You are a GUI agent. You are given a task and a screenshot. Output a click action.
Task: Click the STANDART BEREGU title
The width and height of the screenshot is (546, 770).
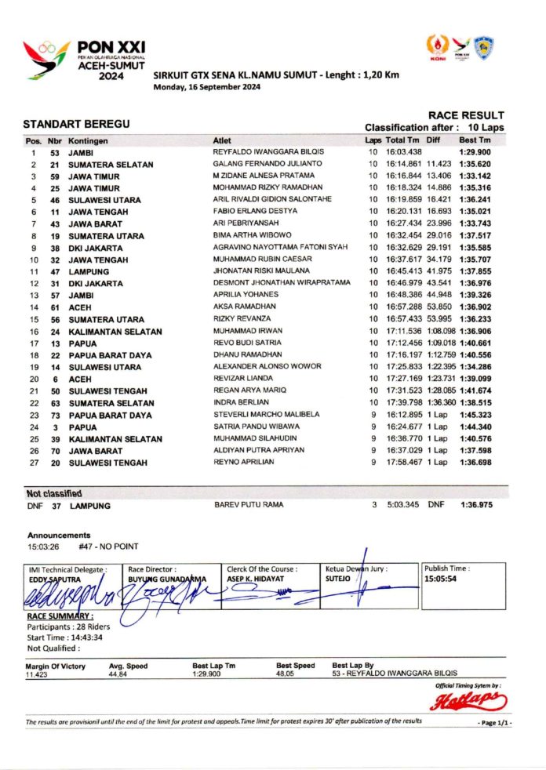tap(75, 125)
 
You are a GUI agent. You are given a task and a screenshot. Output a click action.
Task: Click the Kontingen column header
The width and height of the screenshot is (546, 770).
tap(88, 140)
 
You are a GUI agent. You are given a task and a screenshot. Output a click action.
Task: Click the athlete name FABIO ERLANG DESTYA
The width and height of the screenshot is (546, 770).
tap(255, 211)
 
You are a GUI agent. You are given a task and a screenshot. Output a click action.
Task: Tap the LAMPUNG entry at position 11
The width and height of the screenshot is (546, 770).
tap(90, 271)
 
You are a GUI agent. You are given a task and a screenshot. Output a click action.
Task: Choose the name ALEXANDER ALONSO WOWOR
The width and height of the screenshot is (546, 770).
tap(268, 367)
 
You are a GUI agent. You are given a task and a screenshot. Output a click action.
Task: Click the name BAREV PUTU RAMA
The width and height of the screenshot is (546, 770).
tap(249, 506)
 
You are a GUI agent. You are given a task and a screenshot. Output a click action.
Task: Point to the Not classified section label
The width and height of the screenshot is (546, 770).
tap(55, 494)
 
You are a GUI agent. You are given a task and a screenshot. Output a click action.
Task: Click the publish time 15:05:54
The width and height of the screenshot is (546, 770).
tap(440, 579)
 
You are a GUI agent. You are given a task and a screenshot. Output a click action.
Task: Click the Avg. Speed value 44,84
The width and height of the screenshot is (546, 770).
tap(118, 674)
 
